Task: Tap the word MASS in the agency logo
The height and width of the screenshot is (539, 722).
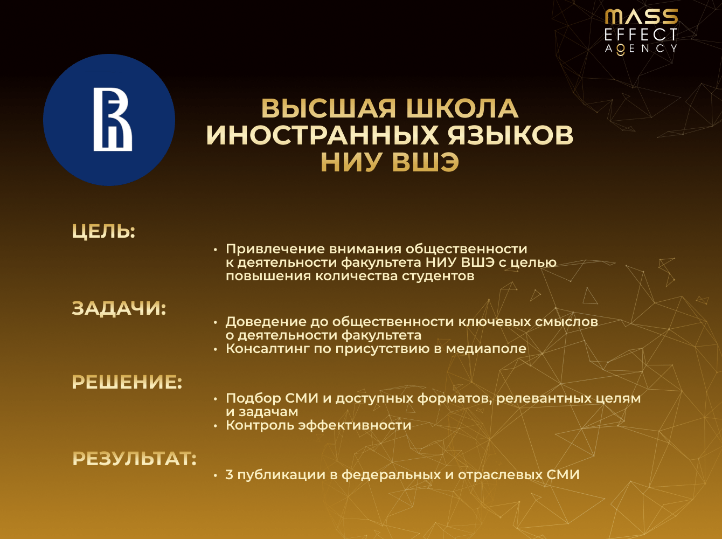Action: pos(641,17)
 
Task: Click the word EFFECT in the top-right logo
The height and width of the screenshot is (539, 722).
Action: pos(641,35)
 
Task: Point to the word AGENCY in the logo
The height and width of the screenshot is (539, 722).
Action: pos(641,49)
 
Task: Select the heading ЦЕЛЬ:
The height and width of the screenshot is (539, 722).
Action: pos(103,231)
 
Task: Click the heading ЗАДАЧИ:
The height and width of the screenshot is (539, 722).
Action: pos(119,308)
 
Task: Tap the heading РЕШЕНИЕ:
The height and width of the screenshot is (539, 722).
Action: pos(127,382)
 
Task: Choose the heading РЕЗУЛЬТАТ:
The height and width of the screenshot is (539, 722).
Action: pos(134,459)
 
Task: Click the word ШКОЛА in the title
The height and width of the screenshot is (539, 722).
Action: pos(462,108)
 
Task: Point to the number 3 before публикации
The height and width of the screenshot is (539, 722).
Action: pos(230,475)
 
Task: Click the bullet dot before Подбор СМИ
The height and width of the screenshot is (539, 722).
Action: pos(216,399)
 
